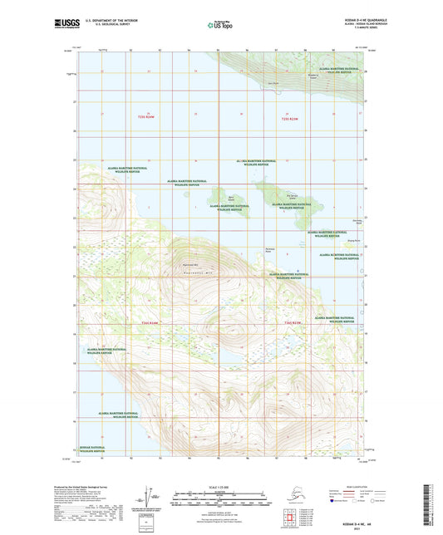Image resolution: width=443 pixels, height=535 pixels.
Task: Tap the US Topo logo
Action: point(220,27)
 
